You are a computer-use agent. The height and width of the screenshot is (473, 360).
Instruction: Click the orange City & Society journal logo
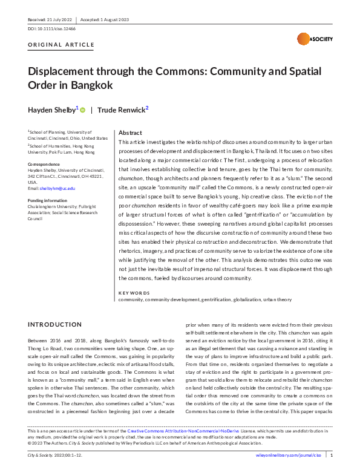308,39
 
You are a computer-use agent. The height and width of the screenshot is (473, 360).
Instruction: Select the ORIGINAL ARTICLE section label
61,45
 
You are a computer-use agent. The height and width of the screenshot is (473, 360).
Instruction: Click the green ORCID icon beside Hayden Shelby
83,109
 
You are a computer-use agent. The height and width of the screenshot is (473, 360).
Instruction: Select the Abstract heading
130,132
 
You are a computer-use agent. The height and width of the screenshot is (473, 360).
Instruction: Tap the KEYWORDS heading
134,293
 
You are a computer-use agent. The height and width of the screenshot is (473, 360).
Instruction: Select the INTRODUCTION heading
54,325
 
